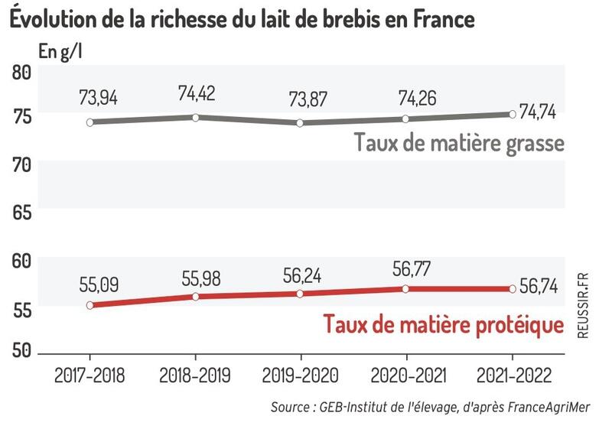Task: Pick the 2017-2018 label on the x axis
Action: [x=90, y=375]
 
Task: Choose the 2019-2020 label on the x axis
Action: [x=301, y=375]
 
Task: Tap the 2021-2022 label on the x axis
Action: [x=511, y=375]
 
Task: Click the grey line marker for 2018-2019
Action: [x=196, y=117]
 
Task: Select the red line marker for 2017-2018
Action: [x=90, y=305]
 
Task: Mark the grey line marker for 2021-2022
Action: [x=511, y=114]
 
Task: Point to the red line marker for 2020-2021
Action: [x=406, y=288]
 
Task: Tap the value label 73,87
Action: [x=301, y=99]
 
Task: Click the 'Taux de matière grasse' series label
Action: [x=458, y=143]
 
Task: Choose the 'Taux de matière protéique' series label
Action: [x=444, y=325]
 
